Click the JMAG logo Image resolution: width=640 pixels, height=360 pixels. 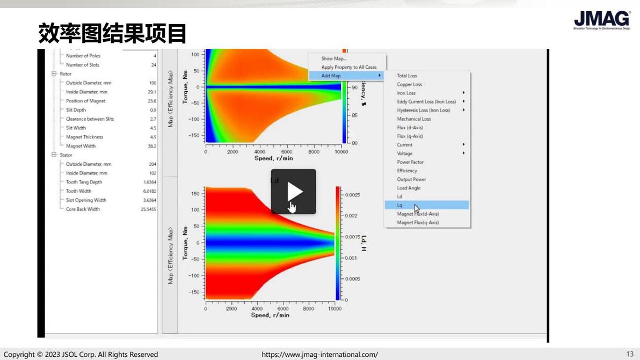(x=601, y=20)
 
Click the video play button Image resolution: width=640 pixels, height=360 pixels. (x=293, y=192)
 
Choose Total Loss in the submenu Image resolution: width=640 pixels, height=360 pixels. (x=407, y=76)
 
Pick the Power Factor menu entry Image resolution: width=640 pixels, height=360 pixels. (x=410, y=162)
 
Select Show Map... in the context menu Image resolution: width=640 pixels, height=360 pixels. (x=334, y=58)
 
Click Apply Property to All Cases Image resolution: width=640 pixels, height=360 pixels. (x=349, y=67)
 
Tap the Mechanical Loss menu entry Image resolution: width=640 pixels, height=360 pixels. (x=414, y=119)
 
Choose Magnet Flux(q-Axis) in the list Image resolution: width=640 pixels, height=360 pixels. (x=418, y=222)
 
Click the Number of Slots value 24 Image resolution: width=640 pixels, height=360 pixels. (x=154, y=65)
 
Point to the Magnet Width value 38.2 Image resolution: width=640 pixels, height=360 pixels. (x=152, y=146)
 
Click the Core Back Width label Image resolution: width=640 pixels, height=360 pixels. (x=83, y=209)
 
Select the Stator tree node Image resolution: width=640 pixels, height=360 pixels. (x=66, y=155)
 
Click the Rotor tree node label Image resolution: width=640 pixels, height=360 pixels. (x=66, y=74)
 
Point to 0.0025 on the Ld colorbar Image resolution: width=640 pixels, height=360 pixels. (x=353, y=195)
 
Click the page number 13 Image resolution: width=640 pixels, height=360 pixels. (x=630, y=354)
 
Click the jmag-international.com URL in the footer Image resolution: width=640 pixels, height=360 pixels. (x=319, y=355)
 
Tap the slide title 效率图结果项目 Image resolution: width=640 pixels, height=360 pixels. (x=112, y=33)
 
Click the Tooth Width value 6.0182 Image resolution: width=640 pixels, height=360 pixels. (x=149, y=191)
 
